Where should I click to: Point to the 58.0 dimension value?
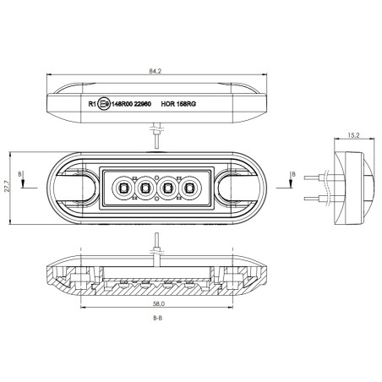[x=157, y=303]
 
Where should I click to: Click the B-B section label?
[x=157, y=319]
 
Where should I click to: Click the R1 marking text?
[x=92, y=105]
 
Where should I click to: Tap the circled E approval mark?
[x=103, y=105]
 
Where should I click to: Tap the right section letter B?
[x=292, y=175]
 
